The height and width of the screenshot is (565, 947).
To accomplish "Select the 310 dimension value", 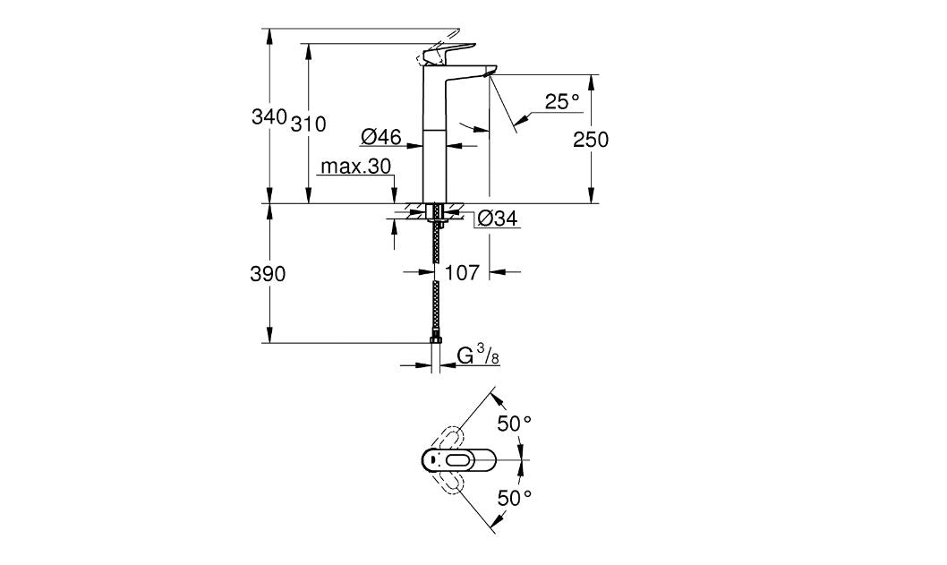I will (x=308, y=124).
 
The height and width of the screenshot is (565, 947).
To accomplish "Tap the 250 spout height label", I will (x=591, y=140).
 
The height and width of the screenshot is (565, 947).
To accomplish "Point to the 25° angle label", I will (x=562, y=103).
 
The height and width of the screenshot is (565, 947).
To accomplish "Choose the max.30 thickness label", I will (x=356, y=167).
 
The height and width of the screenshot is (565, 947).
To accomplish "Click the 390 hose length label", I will (x=267, y=275).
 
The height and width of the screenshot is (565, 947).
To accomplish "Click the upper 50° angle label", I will (x=516, y=424).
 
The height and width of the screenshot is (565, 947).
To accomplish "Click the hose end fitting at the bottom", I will (x=436, y=340).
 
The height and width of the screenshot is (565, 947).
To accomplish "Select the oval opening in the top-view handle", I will (x=463, y=460).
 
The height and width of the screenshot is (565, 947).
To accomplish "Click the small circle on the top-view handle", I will (x=433, y=460).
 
